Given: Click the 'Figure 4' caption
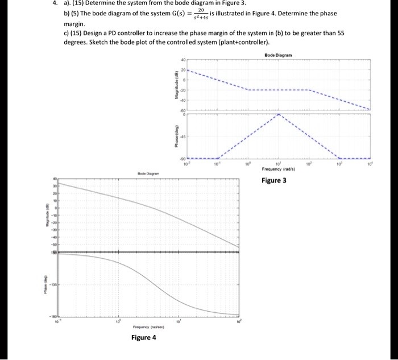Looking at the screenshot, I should [143, 337].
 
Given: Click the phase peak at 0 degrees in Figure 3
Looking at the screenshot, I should [279, 114].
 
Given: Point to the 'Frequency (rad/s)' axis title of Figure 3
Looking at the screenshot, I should [279, 169].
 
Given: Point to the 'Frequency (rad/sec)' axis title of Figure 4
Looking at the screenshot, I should [148, 327].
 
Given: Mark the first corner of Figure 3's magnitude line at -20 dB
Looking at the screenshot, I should [248, 90].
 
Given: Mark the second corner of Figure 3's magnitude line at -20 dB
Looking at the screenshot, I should [309, 90].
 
